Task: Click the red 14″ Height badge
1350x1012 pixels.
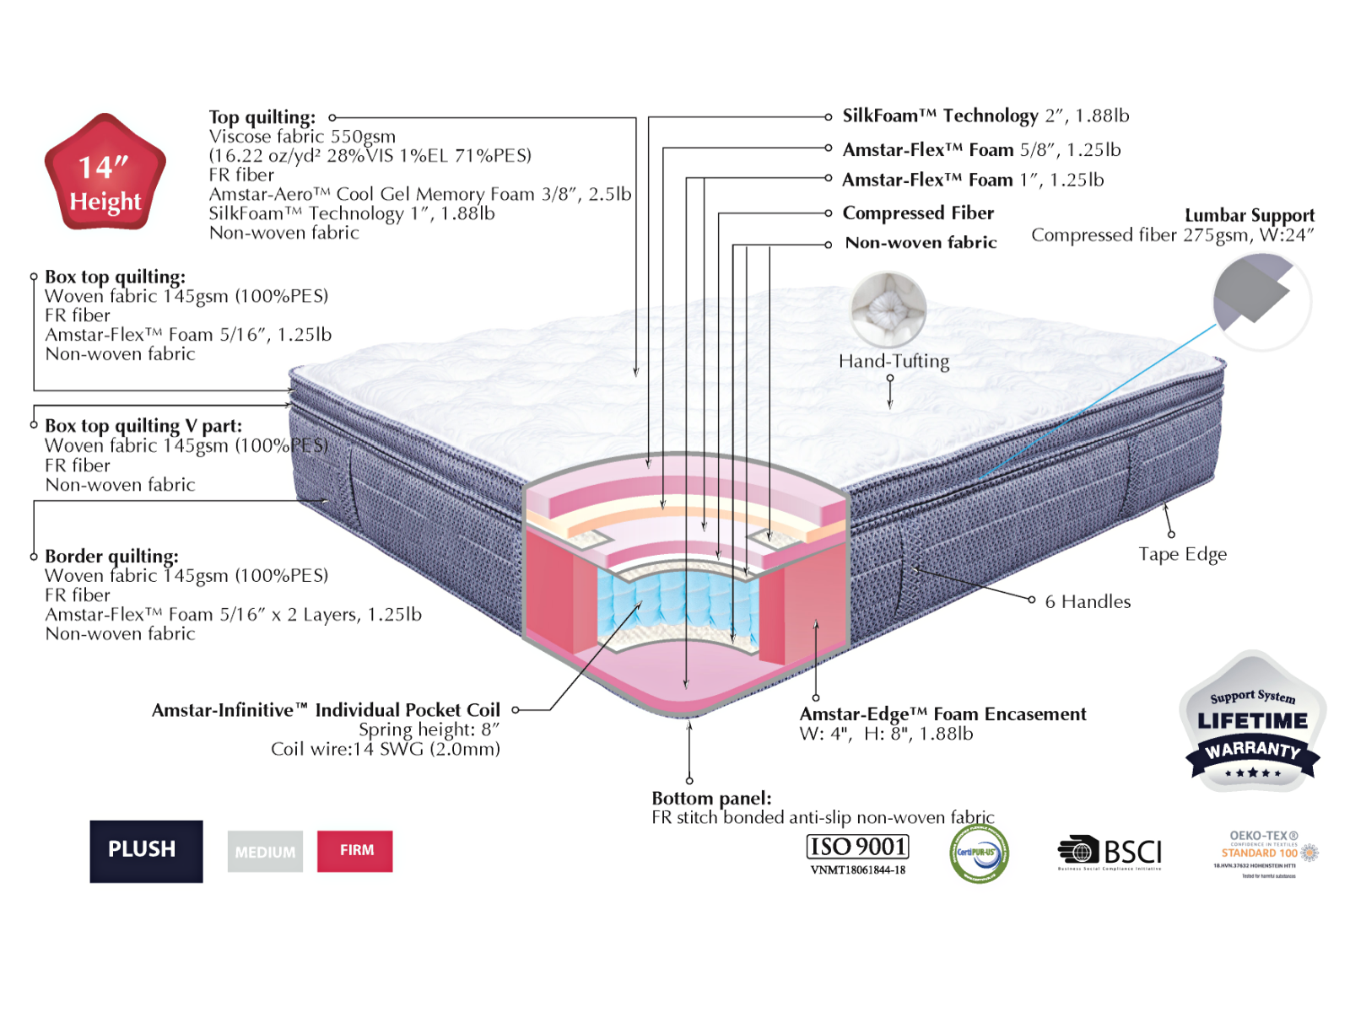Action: (105, 174)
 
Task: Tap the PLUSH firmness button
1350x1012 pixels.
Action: (146, 850)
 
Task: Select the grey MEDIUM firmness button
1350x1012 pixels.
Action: (265, 852)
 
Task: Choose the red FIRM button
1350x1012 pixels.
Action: (355, 850)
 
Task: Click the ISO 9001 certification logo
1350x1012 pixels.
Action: (857, 853)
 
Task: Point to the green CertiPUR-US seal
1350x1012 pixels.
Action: (979, 853)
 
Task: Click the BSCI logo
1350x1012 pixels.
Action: (1110, 853)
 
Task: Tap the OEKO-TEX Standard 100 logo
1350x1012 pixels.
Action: (1264, 853)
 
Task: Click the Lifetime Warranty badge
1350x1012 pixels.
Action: (1253, 722)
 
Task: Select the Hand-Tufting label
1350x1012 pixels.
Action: (894, 362)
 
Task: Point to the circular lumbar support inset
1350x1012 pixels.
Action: (1261, 302)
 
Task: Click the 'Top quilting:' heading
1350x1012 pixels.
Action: (262, 117)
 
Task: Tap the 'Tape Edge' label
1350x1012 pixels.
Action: (1182, 554)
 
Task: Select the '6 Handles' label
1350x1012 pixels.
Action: (1088, 601)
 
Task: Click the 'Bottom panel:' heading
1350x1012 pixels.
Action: (711, 798)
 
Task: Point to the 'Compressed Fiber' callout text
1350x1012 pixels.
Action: (918, 213)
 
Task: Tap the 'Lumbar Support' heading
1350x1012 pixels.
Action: (1249, 215)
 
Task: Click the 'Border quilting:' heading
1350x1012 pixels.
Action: (111, 557)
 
